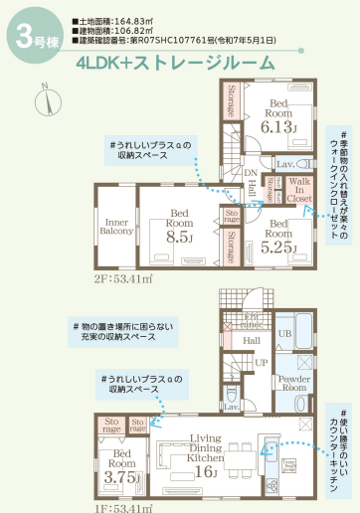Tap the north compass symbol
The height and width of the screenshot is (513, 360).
(x=45, y=99)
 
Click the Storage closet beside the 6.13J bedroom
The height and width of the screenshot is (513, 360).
(x=231, y=103)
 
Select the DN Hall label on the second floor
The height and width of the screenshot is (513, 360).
(x=252, y=181)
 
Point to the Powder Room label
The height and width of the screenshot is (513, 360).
(x=293, y=383)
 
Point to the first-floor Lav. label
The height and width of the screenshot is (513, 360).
(x=230, y=407)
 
